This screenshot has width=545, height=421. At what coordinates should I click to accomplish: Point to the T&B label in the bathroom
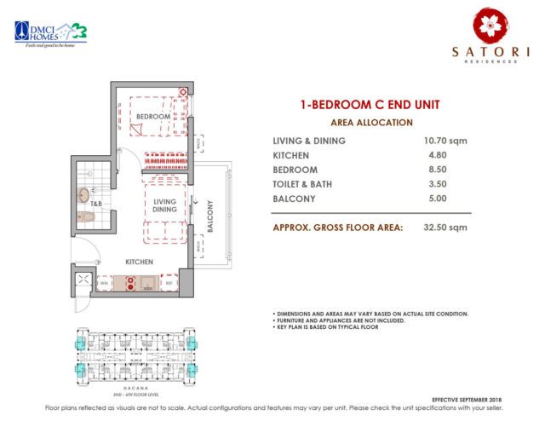[96, 205]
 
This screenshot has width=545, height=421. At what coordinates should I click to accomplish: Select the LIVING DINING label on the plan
[164, 205]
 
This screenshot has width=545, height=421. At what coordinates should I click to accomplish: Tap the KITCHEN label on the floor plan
[140, 262]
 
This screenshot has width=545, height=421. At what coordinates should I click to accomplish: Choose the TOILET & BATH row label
[309, 185]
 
